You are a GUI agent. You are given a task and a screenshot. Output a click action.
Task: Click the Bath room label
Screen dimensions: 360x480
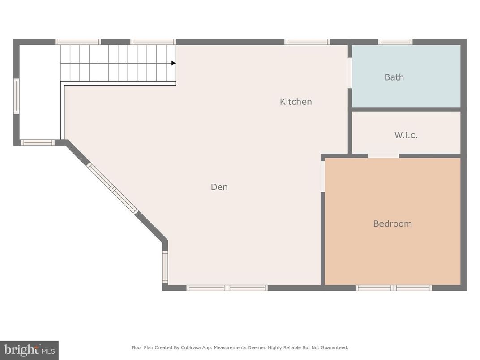coord(394,77)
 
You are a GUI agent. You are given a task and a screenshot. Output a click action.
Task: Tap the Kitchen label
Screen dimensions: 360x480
coord(296,102)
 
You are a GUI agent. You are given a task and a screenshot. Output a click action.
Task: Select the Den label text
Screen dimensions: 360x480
coord(219,187)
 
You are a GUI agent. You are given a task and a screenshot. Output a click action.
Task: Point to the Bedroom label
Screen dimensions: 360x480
coord(392,223)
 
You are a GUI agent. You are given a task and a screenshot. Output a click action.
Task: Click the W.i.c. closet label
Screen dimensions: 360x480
coord(406,135)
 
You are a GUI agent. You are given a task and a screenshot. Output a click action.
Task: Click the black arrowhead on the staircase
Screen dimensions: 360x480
coord(173,63)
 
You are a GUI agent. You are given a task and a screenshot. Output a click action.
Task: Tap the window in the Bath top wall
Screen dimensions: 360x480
coord(395,42)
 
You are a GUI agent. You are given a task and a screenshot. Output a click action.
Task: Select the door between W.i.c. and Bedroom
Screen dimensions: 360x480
coord(383,156)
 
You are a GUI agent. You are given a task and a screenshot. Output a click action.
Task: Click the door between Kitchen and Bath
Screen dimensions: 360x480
coord(350,73)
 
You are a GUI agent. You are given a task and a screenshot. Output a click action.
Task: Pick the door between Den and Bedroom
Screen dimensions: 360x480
coord(322,176)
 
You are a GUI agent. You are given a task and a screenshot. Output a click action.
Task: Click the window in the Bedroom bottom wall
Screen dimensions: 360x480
coord(394,288)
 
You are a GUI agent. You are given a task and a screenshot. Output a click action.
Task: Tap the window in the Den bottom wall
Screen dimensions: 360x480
coord(227,288)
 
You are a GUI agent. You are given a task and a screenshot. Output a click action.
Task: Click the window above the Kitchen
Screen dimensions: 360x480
coord(307,42)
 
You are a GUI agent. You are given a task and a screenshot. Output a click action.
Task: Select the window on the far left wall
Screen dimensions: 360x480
coord(17,96)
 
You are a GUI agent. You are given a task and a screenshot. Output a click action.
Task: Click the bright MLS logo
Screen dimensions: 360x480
coord(29,350)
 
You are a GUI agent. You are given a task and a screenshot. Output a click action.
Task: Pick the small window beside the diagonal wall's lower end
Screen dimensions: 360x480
coord(165,267)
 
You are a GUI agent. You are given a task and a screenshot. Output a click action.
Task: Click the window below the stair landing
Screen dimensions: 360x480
coord(38,142)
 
